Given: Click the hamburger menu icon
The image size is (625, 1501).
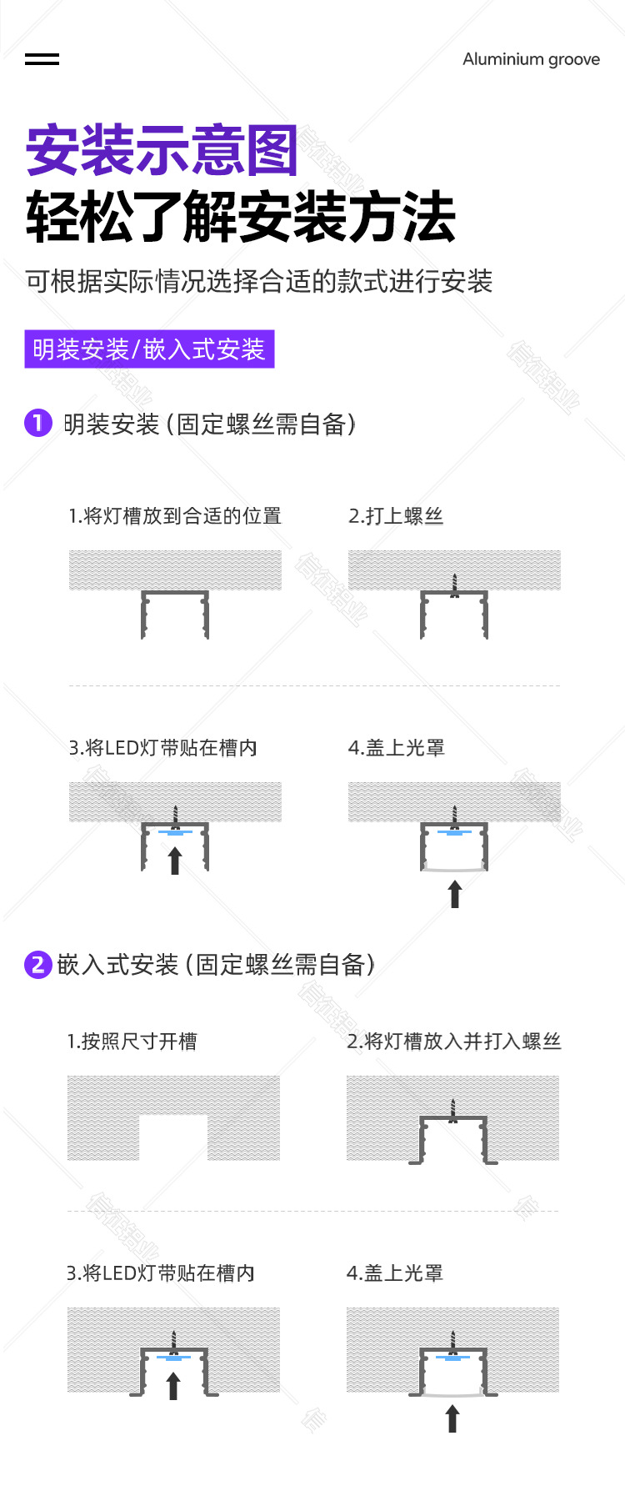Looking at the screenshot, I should pyautogui.click(x=42, y=59).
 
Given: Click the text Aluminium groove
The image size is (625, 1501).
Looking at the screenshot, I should pyautogui.click(x=531, y=59).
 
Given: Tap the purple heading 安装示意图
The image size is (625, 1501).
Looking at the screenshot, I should pyautogui.click(x=162, y=151).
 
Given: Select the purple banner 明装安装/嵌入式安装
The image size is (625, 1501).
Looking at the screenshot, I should pyautogui.click(x=149, y=349).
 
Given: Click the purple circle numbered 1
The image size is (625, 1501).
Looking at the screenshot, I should pyautogui.click(x=38, y=423).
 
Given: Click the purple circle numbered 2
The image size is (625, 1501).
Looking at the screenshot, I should pyautogui.click(x=38, y=965).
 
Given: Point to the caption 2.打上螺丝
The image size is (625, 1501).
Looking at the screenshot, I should pyautogui.click(x=396, y=516).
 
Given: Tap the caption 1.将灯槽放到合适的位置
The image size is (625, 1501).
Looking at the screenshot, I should pyautogui.click(x=175, y=516).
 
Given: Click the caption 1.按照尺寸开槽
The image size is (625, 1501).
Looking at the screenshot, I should pyautogui.click(x=132, y=1042).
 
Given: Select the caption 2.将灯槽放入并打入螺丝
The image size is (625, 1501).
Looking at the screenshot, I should pyautogui.click(x=454, y=1042).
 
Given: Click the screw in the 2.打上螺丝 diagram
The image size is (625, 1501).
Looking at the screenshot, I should pyautogui.click(x=454, y=585).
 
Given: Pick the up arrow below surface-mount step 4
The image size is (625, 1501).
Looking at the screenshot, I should pyautogui.click(x=454, y=894).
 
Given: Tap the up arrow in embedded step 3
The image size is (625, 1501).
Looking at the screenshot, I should pyautogui.click(x=173, y=1386).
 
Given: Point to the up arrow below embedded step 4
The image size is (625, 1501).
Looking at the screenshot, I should pyautogui.click(x=452, y=1418).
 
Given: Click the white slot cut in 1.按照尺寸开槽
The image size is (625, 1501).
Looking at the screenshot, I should pyautogui.click(x=173, y=1137).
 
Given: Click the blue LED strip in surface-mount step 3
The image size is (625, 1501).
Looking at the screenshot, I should pyautogui.click(x=175, y=832).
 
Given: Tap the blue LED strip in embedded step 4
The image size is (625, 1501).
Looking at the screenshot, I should pyautogui.click(x=452, y=1358).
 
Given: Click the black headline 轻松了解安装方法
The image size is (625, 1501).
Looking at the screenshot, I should pyautogui.click(x=241, y=218).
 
